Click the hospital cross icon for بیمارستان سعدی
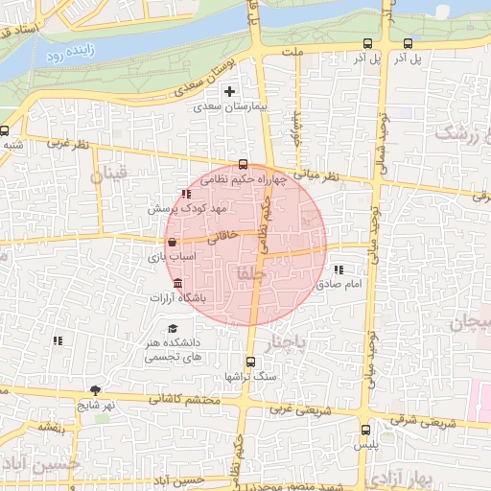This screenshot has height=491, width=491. tap(229, 92)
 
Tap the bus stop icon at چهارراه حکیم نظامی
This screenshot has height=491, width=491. tap(243, 164)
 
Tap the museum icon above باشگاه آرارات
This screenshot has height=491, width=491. tap(178, 284)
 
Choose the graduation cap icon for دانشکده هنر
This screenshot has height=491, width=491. tap(172, 329)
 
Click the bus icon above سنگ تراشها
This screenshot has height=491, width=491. tap(250, 362)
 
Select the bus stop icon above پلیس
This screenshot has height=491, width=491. tap(365, 430)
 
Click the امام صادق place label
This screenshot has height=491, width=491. tap(342, 285)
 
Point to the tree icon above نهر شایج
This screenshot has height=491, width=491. tap(95, 389)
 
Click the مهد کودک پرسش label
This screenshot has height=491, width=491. tap(187, 208)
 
